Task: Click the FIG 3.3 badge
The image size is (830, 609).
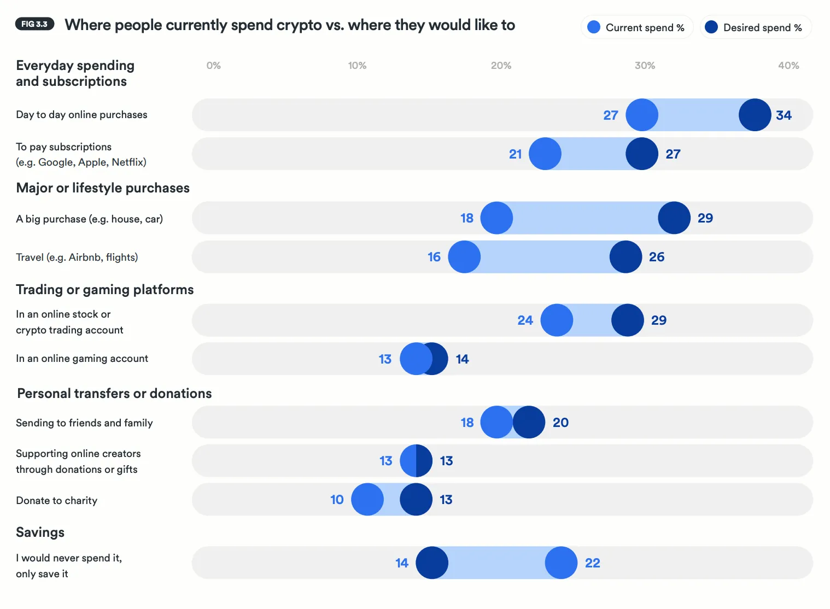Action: [x=34, y=24]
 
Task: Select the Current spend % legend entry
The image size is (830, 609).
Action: [x=637, y=27]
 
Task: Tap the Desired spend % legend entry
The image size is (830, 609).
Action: [x=756, y=27]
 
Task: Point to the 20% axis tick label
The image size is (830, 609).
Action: [x=501, y=66]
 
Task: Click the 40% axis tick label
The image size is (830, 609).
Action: [x=788, y=66]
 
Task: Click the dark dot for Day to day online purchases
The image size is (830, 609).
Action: [x=755, y=115]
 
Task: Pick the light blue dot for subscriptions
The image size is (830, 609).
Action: [x=545, y=154]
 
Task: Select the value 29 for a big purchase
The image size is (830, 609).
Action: [x=705, y=218]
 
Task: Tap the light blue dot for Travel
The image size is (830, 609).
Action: [x=464, y=257]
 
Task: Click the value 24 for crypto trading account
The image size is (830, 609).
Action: [x=525, y=320]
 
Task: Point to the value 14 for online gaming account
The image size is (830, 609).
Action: [x=462, y=359]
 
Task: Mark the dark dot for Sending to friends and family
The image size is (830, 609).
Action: [x=529, y=422]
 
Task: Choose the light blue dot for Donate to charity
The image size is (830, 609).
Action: [x=367, y=499]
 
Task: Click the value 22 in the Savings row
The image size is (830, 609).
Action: [x=592, y=563]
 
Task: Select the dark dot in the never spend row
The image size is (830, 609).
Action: [x=432, y=563]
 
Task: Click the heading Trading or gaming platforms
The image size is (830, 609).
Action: [x=104, y=290]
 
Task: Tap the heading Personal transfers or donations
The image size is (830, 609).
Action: [x=114, y=394]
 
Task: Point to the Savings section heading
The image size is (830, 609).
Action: [x=40, y=532]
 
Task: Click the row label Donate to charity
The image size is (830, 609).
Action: [x=56, y=501]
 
